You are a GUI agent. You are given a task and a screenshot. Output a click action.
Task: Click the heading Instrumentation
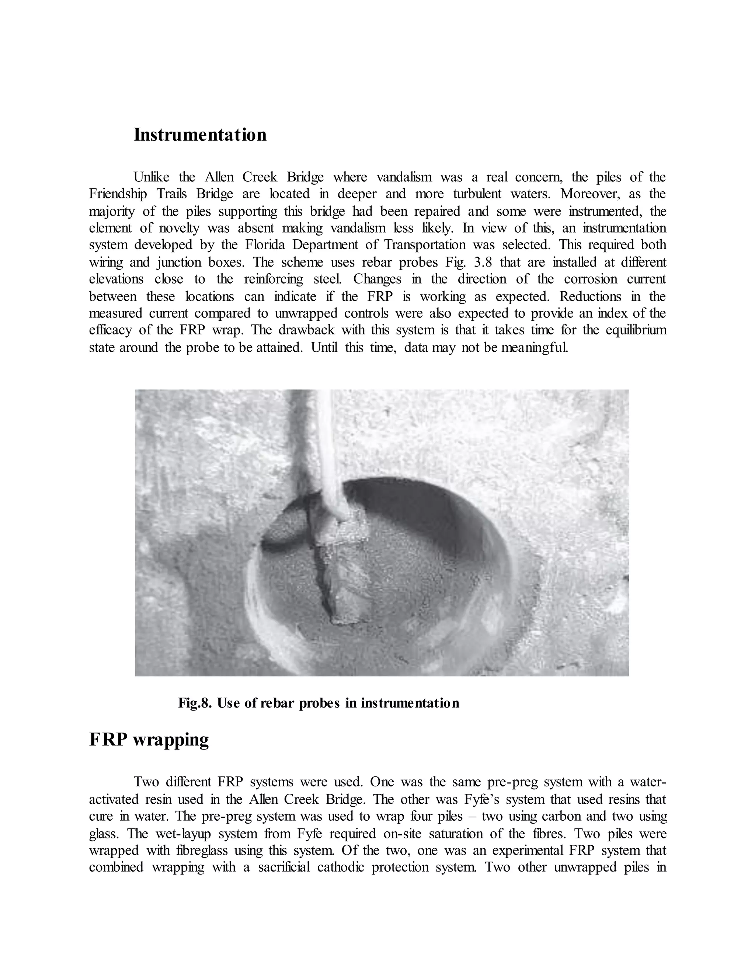click(x=200, y=135)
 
